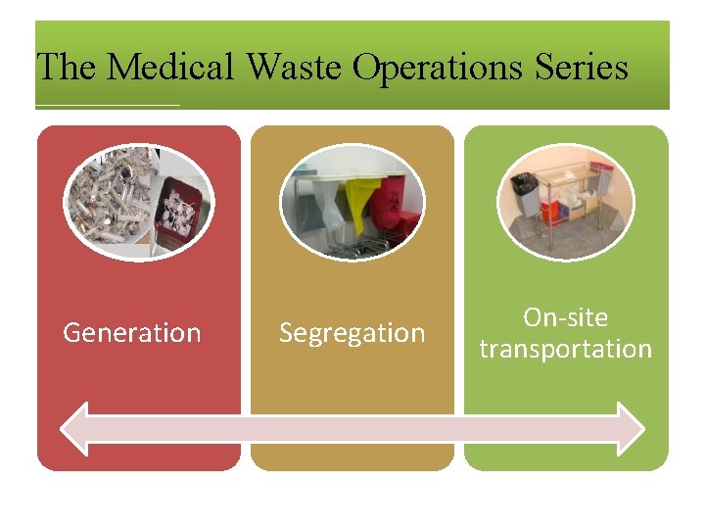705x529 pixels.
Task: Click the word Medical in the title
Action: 170,67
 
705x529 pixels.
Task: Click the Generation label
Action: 132,333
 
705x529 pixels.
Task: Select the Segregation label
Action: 352,333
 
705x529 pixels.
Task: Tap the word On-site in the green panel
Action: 566,317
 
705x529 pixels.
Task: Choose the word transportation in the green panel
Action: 566,349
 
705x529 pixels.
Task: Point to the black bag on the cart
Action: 526,184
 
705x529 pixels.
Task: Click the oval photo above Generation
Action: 139,202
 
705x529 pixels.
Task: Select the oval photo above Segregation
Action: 352,202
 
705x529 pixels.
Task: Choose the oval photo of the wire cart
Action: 566,202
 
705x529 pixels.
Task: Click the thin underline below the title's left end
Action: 108,105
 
